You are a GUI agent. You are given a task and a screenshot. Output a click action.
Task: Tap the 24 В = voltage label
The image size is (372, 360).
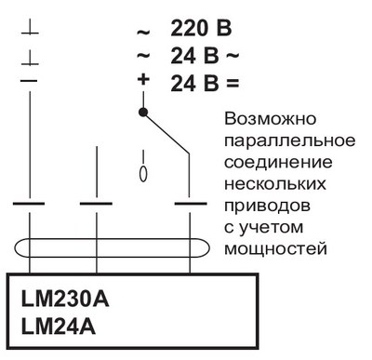[x=205, y=83]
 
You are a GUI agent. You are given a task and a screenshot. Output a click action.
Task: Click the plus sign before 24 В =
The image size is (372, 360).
[x=143, y=81]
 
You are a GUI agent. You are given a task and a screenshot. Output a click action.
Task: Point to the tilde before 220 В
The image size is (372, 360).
[x=143, y=32]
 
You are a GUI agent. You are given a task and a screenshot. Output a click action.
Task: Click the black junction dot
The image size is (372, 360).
[x=143, y=112]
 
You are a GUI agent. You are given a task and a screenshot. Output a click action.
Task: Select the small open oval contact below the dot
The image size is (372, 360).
[x=142, y=173]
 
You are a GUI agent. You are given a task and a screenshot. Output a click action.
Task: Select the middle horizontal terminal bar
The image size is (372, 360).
[x=96, y=203]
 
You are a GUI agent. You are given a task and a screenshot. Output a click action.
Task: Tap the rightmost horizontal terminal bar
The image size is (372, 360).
[x=191, y=203]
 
